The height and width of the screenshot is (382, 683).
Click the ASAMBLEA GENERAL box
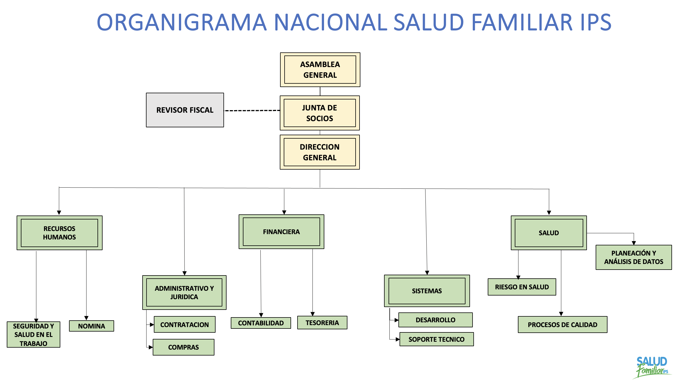coord(320,70)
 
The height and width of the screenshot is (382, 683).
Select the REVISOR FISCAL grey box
coord(185,110)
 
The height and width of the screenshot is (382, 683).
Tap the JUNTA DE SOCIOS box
coord(320,113)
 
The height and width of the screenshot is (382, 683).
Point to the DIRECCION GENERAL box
coord(320,152)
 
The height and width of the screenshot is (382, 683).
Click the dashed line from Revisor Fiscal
coord(252,110)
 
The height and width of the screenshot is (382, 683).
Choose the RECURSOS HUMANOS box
coord(59,233)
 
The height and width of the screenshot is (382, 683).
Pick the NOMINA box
coord(92,326)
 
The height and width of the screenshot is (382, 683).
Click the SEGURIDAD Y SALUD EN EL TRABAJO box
coord(34,334)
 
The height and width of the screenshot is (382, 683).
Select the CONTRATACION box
coord(185,325)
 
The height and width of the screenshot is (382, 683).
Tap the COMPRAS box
coord(183,347)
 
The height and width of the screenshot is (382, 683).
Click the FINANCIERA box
coord(281,232)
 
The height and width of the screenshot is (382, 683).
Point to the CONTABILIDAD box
coord(261,323)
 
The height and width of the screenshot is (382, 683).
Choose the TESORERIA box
coord(322,323)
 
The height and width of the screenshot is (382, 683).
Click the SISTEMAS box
coord(427,291)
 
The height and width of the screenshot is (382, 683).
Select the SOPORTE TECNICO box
coord(436,339)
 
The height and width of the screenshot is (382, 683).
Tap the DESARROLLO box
coord(435,320)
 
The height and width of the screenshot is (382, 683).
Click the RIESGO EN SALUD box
coord(522,287)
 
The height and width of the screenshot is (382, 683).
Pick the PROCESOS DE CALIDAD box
coord(562,325)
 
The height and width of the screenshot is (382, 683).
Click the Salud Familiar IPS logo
coord(652,367)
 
